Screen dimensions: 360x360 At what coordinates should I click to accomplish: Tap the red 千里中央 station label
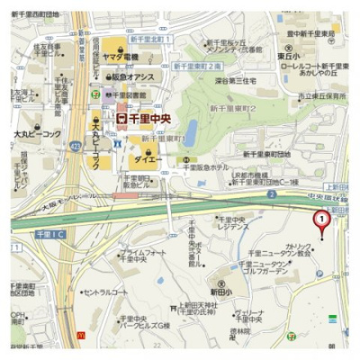click(x=151, y=117)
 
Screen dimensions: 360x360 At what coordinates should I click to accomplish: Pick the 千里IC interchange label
click(x=48, y=233)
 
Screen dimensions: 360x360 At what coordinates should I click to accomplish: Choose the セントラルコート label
click(x=106, y=292)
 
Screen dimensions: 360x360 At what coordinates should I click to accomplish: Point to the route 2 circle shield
click(x=272, y=193)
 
